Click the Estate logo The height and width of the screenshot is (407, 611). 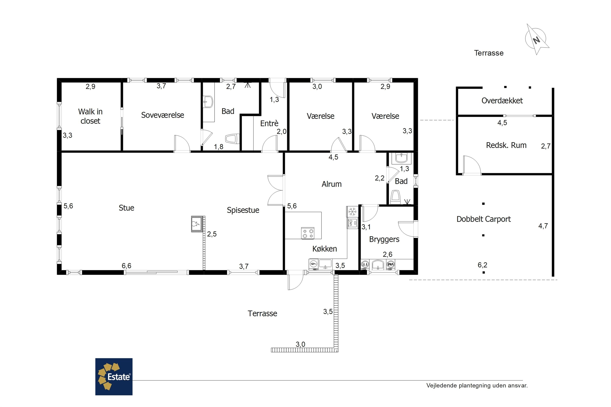click(x=114, y=377)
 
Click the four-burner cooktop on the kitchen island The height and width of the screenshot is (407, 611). click(x=308, y=233)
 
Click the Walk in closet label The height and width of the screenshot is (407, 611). click(x=90, y=116)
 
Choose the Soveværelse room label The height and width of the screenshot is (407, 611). click(x=163, y=115)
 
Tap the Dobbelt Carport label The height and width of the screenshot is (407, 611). click(x=484, y=219)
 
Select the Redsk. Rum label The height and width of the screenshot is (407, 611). click(x=506, y=145)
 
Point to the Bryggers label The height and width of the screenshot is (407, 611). click(x=384, y=239)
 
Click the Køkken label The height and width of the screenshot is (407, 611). click(x=325, y=249)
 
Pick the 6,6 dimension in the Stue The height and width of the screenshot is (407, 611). click(x=126, y=266)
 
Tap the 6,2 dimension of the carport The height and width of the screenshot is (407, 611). click(x=482, y=265)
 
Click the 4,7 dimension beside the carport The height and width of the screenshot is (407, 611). click(x=543, y=226)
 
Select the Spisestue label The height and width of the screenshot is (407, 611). click(x=243, y=210)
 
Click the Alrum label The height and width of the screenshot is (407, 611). click(x=332, y=184)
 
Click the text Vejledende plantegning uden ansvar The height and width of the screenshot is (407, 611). click(x=477, y=385)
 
